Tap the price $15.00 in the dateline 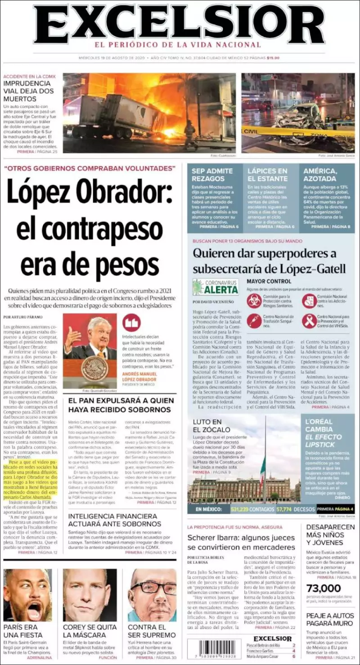pos(273,58)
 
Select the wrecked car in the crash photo pos(299,116)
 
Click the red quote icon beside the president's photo pos(131,323)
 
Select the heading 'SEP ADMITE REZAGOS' pos(212,175)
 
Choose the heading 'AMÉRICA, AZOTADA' pos(320,175)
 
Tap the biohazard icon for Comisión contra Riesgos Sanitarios pos(254,300)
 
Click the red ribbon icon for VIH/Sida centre pos(309,321)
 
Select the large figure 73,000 pos(324,588)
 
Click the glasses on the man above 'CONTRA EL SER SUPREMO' pos(154,588)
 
